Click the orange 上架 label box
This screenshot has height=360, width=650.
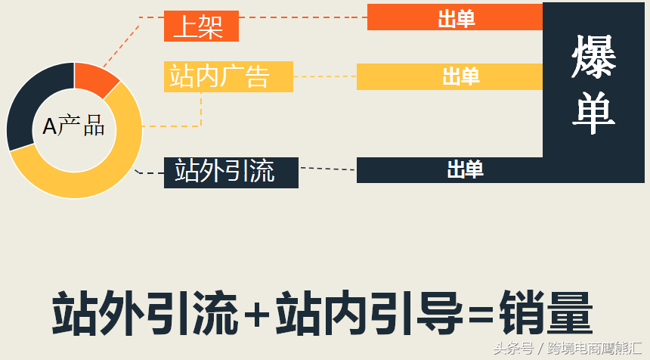click(202, 26)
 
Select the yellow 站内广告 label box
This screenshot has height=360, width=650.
click(228, 76)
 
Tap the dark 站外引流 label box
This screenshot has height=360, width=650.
click(231, 172)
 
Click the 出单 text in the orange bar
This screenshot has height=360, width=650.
click(457, 19)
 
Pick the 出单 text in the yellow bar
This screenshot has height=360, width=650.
click(461, 76)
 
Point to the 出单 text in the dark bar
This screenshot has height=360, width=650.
click(465, 169)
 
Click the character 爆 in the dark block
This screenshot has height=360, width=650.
click(593, 57)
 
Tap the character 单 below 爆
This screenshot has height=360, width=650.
click(593, 113)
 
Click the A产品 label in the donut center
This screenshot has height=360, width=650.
click(74, 126)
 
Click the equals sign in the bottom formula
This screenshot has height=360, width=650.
click(481, 315)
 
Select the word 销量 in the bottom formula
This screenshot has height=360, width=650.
click(546, 313)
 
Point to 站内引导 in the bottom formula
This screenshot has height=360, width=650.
click(369, 313)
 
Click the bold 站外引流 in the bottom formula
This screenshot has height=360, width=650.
click(145, 313)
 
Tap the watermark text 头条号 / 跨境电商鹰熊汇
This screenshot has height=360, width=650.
click(568, 348)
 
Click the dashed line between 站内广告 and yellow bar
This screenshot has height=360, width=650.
click(325, 76)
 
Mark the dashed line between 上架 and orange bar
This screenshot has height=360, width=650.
click(303, 17)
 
